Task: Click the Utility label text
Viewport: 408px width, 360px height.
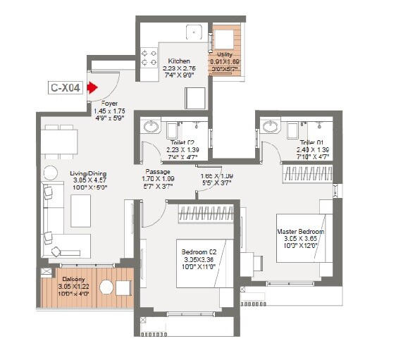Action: tap(225, 54)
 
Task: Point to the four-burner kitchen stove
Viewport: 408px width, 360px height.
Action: tap(149, 57)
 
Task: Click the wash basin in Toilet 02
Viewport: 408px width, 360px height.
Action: tap(149, 127)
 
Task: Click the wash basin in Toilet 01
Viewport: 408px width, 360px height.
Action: tap(269, 127)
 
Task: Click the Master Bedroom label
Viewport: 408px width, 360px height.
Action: tap(300, 232)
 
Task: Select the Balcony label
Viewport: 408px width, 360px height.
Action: tap(74, 280)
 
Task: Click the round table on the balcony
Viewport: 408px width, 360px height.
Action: tap(106, 287)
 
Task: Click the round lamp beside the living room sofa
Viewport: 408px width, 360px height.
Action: tap(50, 172)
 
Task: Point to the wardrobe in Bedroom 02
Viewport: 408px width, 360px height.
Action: tap(204, 211)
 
